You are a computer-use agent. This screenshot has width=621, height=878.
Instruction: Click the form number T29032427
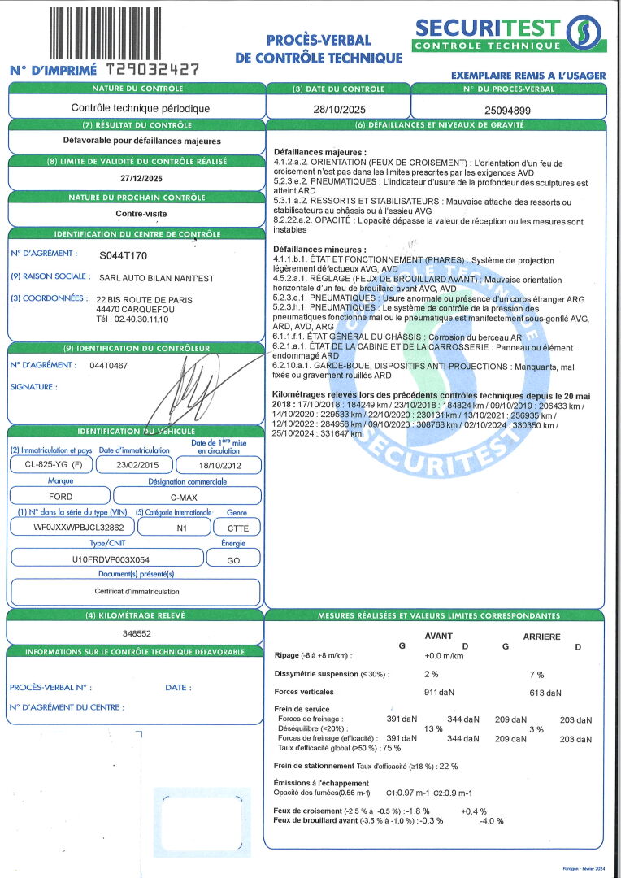coord(153,71)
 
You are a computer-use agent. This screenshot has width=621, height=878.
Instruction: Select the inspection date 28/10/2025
coord(337,108)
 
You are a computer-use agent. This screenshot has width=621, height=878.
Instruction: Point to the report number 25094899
coord(507,109)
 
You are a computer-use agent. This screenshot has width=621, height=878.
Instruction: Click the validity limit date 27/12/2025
coord(136,179)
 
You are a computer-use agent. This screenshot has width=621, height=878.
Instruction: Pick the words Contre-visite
coord(136,215)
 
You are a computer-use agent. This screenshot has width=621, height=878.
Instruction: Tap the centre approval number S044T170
coord(123,255)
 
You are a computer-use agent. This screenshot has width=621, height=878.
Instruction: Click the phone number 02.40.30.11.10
coord(144,319)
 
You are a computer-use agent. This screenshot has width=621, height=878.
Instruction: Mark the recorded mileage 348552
coord(135,632)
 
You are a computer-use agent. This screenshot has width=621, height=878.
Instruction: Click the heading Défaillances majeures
coord(319,152)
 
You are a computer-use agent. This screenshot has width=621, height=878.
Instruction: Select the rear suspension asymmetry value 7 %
coord(536,674)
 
